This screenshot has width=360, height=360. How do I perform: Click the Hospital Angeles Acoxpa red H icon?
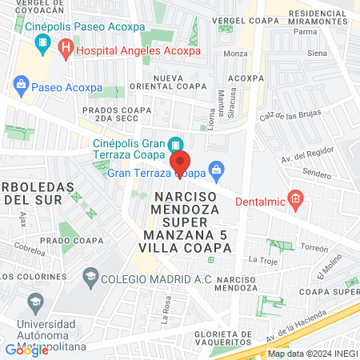coord(66,50)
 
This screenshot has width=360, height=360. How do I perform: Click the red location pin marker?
coord(179,162)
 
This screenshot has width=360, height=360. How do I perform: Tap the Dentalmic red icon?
coord(294,197)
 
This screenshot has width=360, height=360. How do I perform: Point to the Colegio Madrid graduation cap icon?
coord(90,277)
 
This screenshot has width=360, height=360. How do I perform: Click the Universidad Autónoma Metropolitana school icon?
coord(34,302)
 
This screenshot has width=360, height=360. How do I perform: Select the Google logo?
coord(26,350)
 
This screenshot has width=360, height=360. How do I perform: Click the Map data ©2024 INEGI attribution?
coord(312,354)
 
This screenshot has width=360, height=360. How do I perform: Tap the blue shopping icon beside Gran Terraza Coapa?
coord(214,170)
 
